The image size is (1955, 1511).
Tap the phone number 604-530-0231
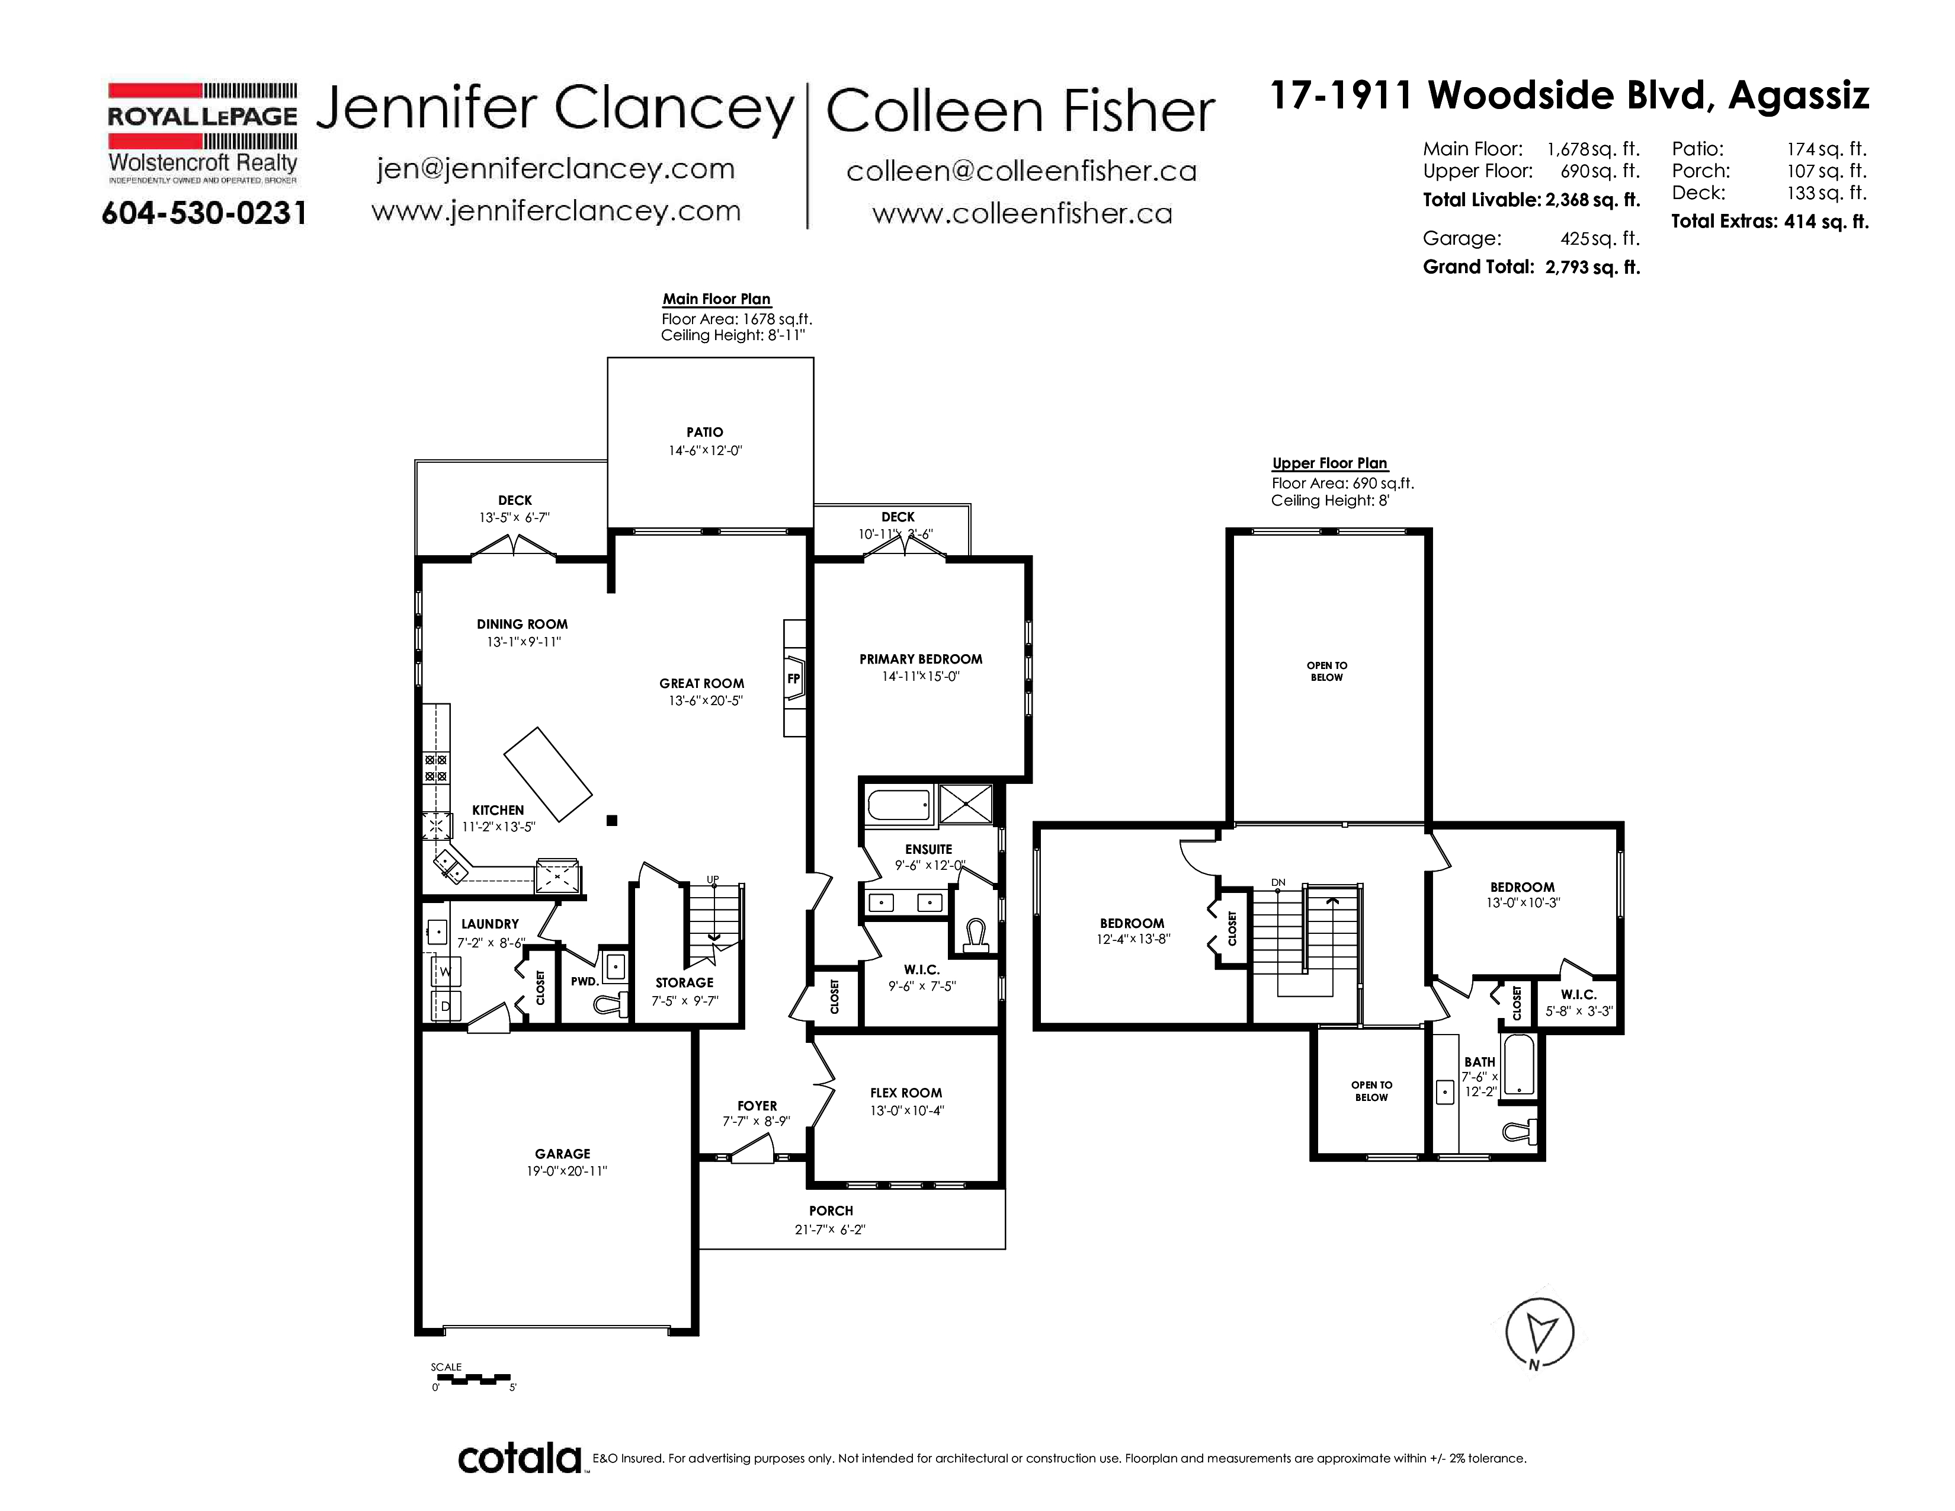coord(204,213)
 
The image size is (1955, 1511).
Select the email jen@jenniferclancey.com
coord(556,168)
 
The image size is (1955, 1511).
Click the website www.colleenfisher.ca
coord(1023,213)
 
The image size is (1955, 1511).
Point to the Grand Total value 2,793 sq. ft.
coord(1592,267)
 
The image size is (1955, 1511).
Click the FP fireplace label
coord(793,678)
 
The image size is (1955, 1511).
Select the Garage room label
coord(562,1154)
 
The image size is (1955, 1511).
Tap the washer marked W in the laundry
coord(446,971)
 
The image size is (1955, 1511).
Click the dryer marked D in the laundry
coord(446,1005)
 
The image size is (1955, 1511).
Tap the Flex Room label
coord(906,1093)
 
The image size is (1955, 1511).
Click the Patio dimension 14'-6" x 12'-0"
coord(706,450)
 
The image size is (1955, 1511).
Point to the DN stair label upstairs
coord(1278,883)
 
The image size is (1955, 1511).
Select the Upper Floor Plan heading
coord(1329,463)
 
